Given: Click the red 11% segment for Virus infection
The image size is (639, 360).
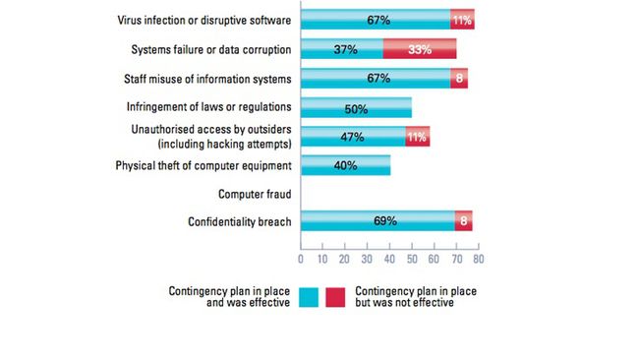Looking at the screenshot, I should (461, 19).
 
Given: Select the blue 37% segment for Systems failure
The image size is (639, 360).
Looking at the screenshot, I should (341, 49).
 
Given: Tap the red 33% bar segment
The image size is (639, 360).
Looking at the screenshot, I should (420, 49).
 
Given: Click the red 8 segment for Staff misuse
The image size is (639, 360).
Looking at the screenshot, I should (459, 79).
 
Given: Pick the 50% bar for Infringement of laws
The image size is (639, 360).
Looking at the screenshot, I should (356, 107).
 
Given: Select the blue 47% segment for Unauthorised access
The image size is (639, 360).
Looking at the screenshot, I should (352, 136).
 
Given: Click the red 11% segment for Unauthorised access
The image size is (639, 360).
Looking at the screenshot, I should (417, 136).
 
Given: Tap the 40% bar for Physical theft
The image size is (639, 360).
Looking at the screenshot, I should (345, 165).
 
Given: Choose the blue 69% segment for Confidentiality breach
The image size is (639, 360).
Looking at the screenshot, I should (377, 221).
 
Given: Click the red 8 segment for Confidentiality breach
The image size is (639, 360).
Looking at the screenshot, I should (463, 221).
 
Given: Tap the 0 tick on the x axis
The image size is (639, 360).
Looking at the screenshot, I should (301, 259).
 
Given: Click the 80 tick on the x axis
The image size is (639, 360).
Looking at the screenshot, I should (478, 259).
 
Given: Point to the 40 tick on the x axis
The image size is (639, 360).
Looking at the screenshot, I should (389, 259).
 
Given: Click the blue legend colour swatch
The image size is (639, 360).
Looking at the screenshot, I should (311, 296).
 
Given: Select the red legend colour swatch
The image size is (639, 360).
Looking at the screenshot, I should (336, 296).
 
